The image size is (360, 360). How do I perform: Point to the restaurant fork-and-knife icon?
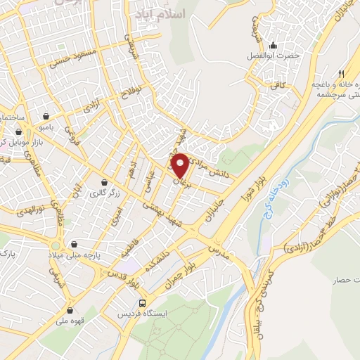click(x=341, y=73)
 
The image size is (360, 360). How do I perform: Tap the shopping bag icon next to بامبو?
click(x=46, y=116)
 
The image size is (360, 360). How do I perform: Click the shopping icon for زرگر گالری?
click(x=104, y=182)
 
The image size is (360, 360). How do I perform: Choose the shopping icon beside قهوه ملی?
click(x=70, y=310)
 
